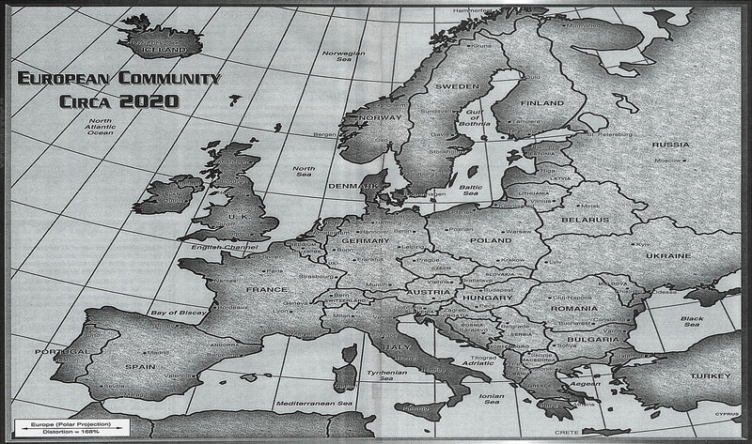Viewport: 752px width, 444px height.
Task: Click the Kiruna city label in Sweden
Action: (482, 44)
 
